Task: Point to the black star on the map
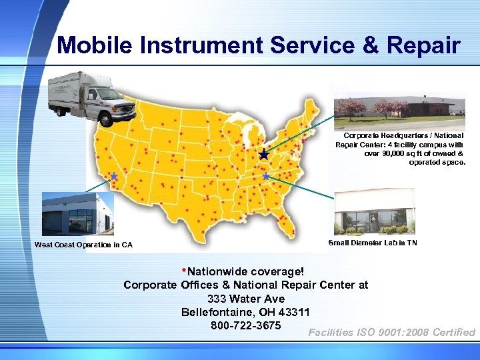(x=264, y=155)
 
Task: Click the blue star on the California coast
(x=114, y=177)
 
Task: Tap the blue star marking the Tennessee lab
(x=265, y=177)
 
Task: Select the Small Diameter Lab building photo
(x=374, y=212)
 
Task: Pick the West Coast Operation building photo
(x=77, y=213)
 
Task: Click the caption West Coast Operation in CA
(x=83, y=245)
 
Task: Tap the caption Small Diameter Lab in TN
(x=373, y=243)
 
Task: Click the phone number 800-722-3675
(x=246, y=326)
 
